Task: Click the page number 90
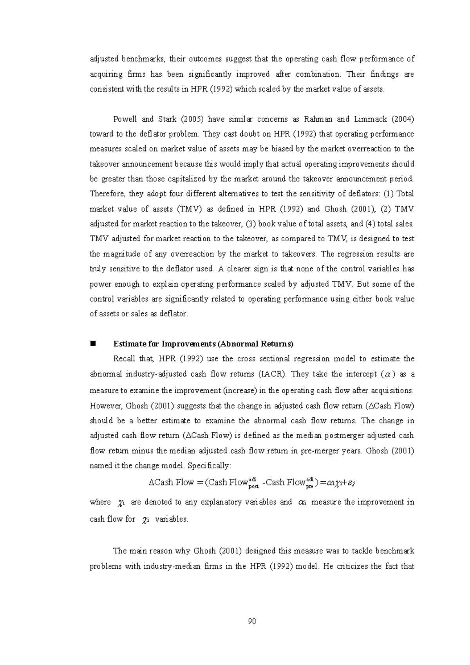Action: click(x=252, y=622)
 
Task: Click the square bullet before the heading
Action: click(x=93, y=344)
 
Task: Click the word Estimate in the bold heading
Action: click(x=127, y=344)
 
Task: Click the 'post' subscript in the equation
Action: click(x=254, y=487)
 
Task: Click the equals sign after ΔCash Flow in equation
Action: click(x=199, y=482)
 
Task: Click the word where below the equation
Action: click(x=100, y=502)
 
